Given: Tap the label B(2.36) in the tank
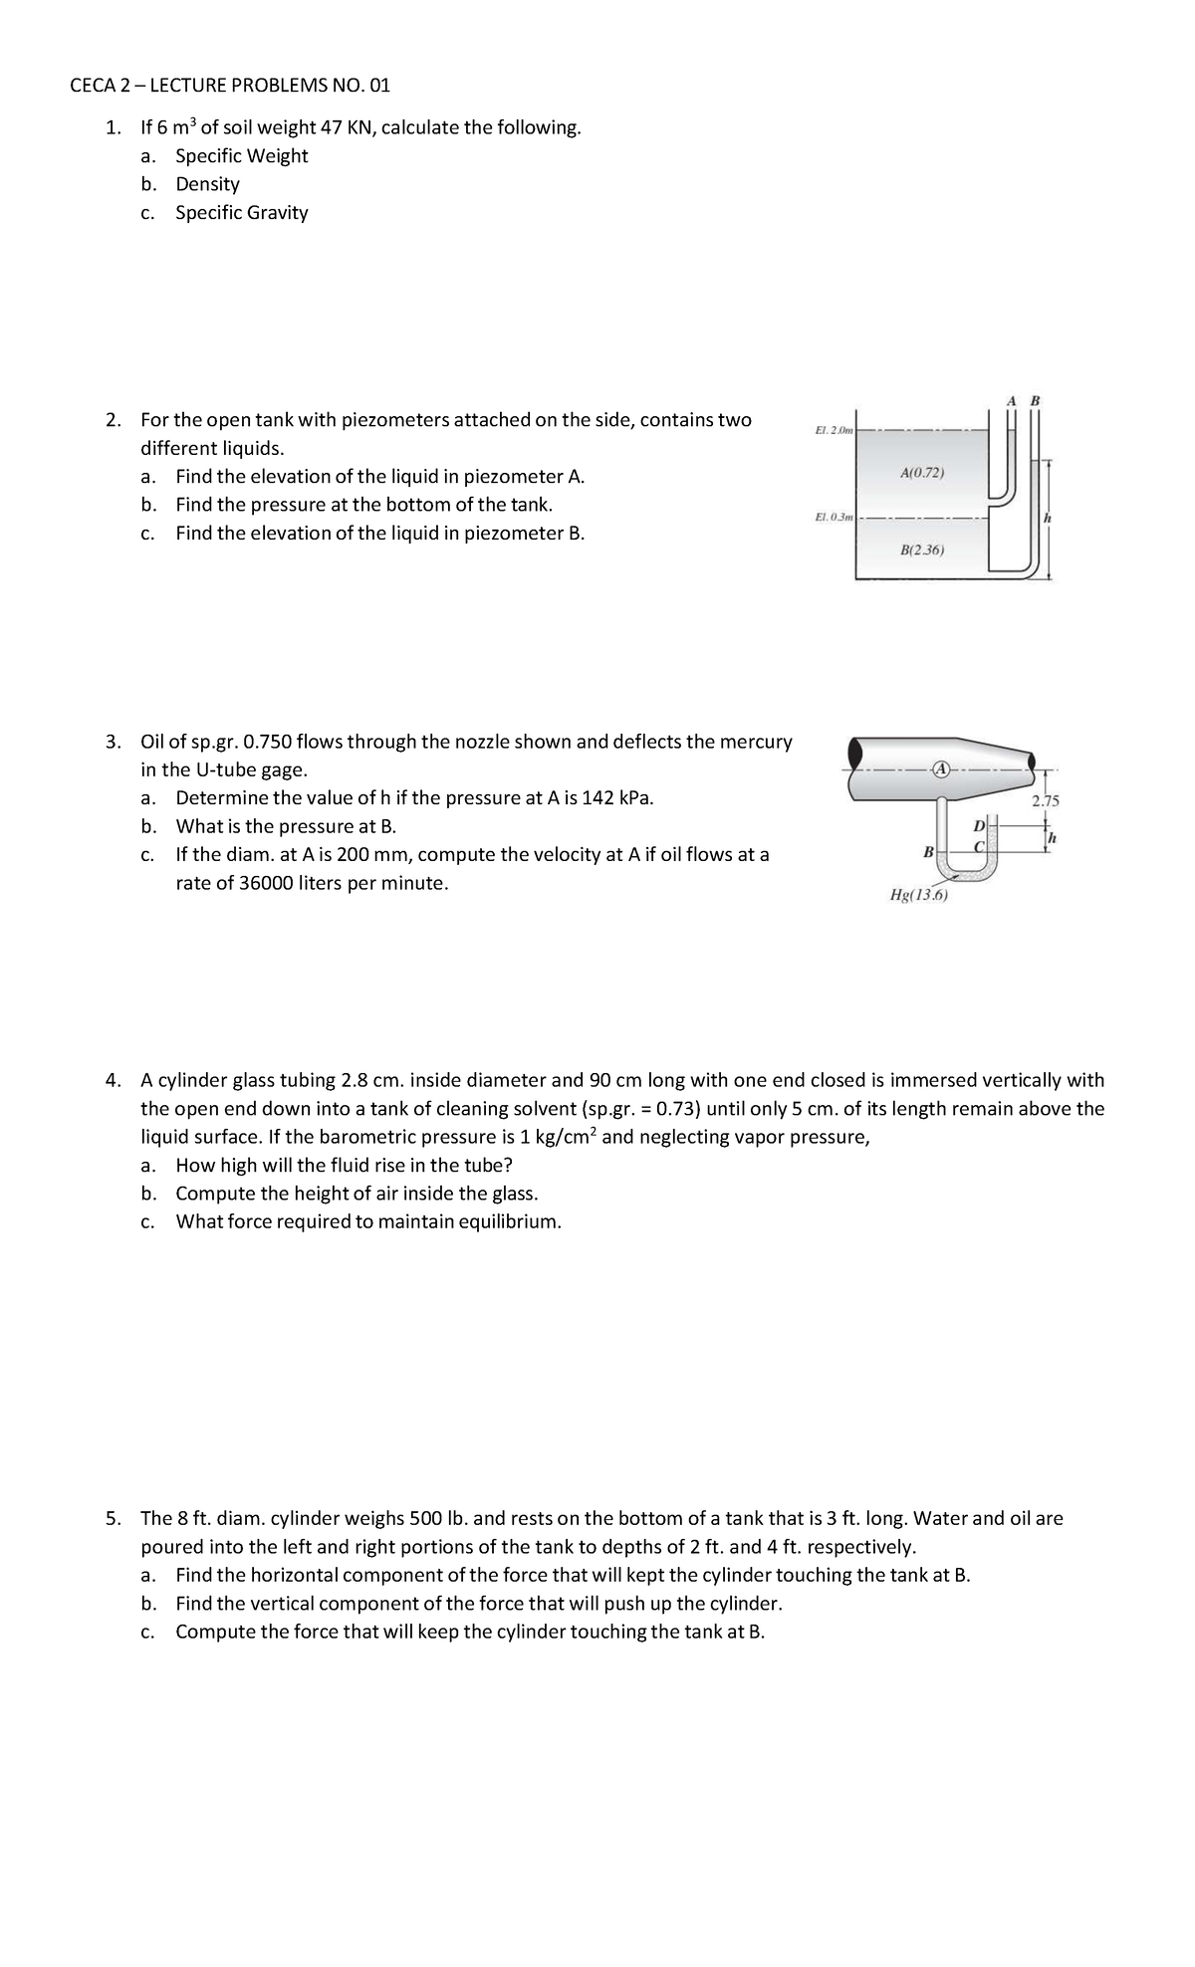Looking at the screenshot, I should pyautogui.click(x=921, y=549).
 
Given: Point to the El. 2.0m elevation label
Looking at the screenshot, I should pyautogui.click(x=834, y=430).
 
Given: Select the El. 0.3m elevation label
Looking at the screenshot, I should pyautogui.click(x=834, y=517).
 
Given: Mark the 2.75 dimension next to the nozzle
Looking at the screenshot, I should pyautogui.click(x=1046, y=801).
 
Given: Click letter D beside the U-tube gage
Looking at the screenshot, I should pyautogui.click(x=979, y=826).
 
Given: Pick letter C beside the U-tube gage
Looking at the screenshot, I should pyautogui.click(x=979, y=846).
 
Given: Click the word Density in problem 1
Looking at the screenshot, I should pyautogui.click(x=207, y=184).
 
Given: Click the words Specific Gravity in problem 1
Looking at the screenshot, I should pyautogui.click(x=242, y=213).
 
